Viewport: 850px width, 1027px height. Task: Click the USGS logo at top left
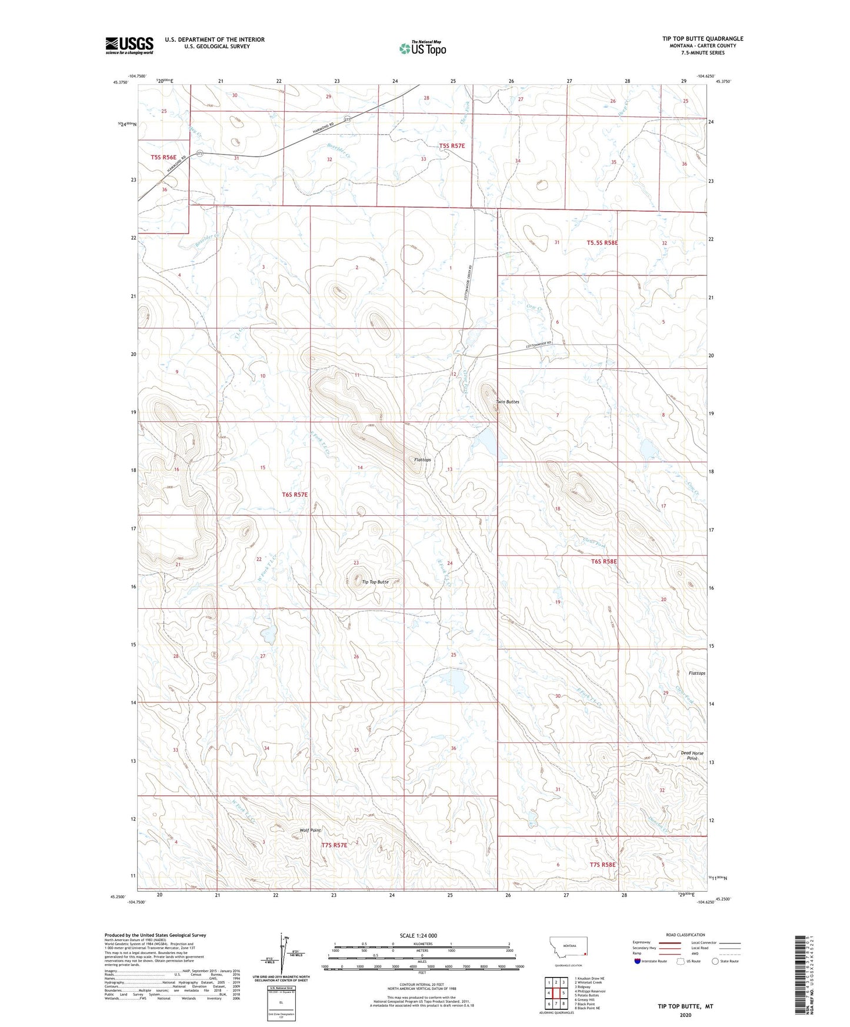[129, 45]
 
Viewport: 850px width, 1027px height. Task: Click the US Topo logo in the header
[422, 48]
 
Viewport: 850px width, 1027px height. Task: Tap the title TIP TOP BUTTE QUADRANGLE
[702, 39]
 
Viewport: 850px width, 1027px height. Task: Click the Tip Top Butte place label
[375, 582]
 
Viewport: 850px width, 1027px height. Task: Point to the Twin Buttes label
[507, 402]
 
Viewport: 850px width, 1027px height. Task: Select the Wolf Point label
[310, 830]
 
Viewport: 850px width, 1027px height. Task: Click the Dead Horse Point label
[692, 755]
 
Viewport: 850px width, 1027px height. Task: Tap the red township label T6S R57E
[294, 495]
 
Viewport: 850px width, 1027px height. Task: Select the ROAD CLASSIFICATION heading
[685, 935]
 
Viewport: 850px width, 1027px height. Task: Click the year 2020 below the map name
[685, 1015]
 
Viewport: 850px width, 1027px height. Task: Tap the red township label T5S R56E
[164, 157]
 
